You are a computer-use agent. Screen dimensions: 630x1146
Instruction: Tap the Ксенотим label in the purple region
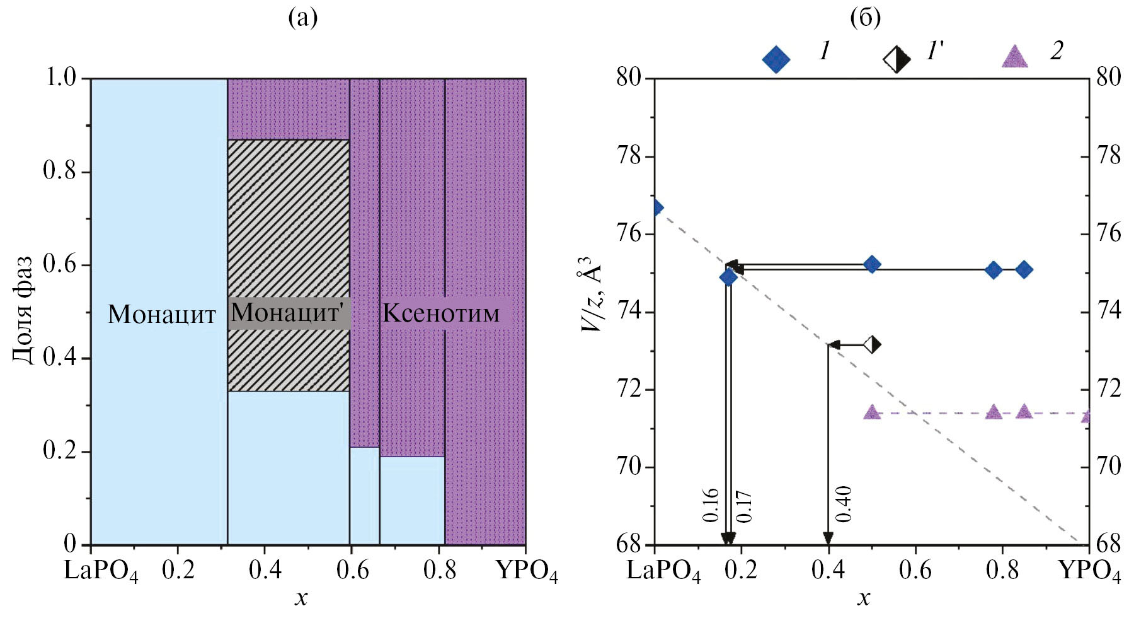(441, 313)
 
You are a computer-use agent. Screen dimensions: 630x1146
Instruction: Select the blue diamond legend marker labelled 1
(776, 59)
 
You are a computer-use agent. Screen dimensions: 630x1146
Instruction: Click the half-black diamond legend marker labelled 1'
(897, 59)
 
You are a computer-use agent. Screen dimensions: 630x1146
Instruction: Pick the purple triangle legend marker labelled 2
(1014, 57)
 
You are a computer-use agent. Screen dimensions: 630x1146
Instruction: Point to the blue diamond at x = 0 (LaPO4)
(656, 207)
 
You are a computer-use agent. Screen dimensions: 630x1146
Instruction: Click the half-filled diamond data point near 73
(872, 344)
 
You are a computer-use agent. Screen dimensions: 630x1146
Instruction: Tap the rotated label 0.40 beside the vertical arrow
(843, 505)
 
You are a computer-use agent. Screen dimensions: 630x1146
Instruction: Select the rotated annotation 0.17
(744, 506)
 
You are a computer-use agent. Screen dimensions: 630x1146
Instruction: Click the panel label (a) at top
(302, 18)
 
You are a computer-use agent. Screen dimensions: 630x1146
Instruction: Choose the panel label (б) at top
(865, 18)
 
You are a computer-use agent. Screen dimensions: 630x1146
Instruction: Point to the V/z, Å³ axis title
(590, 294)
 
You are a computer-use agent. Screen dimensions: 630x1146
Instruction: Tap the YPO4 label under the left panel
(527, 571)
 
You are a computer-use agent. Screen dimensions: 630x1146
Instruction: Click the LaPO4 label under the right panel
(663, 571)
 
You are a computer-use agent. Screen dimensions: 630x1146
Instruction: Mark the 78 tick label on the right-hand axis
(1109, 156)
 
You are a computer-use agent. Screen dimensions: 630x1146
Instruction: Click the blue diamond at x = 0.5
(872, 264)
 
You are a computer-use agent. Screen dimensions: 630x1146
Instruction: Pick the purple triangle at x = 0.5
(872, 412)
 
